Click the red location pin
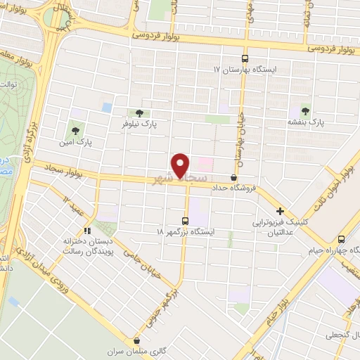click(x=181, y=165)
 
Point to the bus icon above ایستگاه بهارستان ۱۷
click(x=245, y=59)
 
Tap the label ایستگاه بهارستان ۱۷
click(x=250, y=71)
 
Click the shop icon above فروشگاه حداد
click(x=233, y=177)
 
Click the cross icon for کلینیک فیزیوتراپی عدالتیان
click(x=280, y=210)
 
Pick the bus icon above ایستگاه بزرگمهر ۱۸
click(x=186, y=219)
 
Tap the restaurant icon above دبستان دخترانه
click(x=87, y=229)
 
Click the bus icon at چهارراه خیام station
click(x=341, y=239)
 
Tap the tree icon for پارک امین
click(x=75, y=130)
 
